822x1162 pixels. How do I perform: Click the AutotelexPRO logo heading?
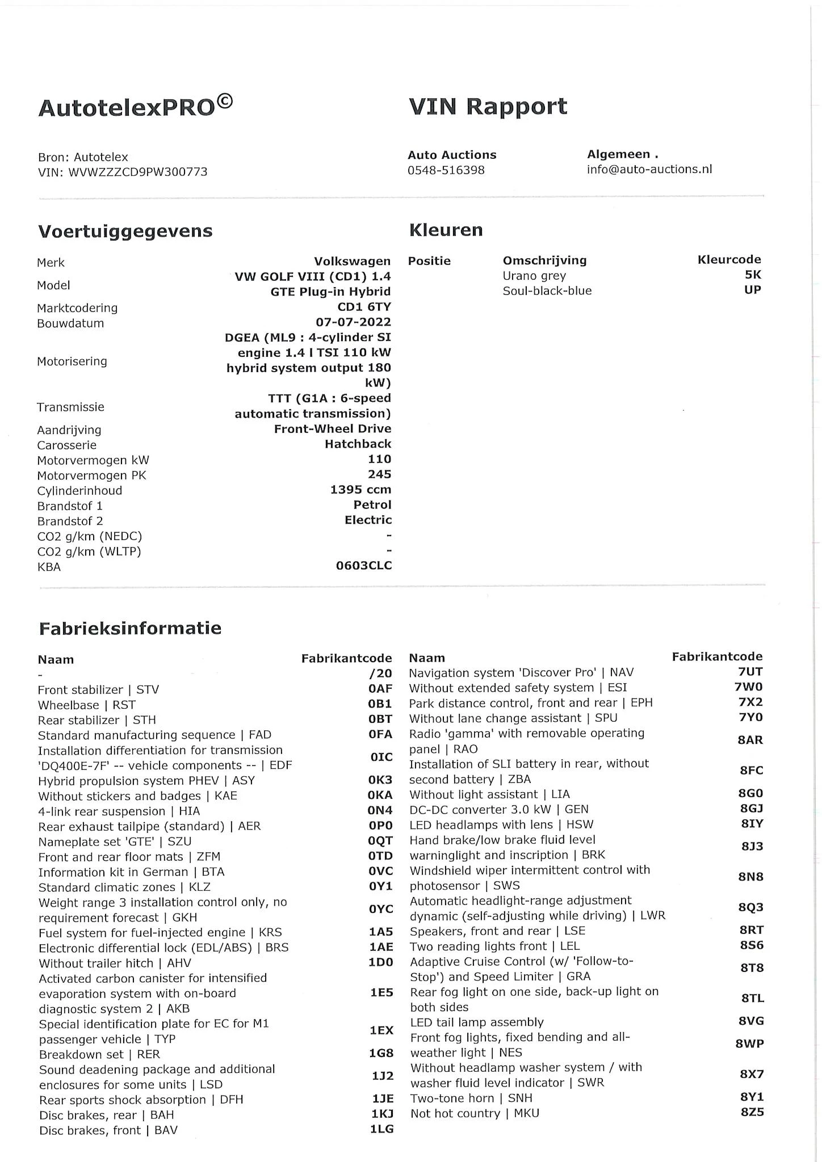(x=135, y=107)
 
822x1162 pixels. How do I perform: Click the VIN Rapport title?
(x=488, y=107)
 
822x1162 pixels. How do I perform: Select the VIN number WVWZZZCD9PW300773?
(x=138, y=172)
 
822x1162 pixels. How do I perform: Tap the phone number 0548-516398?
(x=446, y=170)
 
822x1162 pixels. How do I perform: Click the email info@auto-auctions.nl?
(x=649, y=169)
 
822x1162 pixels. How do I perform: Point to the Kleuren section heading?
(x=446, y=230)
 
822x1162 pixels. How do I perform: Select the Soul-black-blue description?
(x=547, y=290)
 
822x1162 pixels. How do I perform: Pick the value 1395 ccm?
(x=360, y=489)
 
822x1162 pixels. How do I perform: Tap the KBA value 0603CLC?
(x=363, y=566)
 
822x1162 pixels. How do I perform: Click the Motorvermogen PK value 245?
(x=379, y=474)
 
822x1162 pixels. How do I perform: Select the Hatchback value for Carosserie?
(x=358, y=444)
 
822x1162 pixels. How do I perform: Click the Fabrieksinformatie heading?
(x=130, y=628)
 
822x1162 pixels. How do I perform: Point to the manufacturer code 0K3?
(x=380, y=780)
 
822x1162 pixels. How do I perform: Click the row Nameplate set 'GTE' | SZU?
(x=115, y=841)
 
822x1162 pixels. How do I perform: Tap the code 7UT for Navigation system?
(x=750, y=672)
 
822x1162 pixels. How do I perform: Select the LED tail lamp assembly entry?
(x=477, y=1022)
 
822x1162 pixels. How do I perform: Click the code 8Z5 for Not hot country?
(x=752, y=1112)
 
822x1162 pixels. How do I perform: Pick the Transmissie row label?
(x=70, y=407)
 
